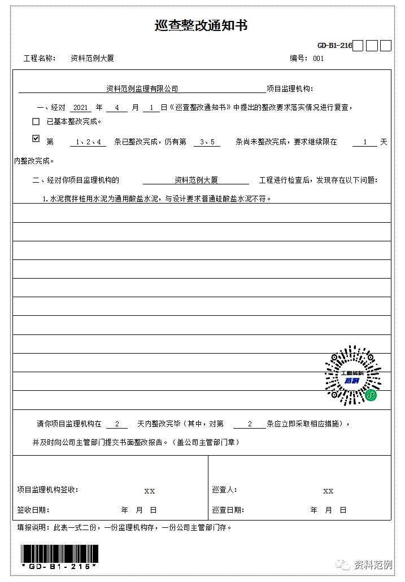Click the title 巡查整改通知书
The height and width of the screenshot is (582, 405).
point(201,25)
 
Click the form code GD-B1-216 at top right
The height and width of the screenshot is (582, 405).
point(334,46)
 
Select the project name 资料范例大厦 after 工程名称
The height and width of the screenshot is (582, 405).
point(92,58)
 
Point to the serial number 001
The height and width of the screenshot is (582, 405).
point(318,58)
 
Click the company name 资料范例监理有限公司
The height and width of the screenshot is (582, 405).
point(142,89)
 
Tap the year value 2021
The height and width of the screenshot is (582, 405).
point(82,107)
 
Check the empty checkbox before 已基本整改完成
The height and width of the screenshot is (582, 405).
point(36,121)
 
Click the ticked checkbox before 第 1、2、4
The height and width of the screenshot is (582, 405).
point(36,139)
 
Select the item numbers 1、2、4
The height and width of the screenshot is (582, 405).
point(91,142)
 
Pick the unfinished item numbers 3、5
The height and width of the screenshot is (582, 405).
point(207,142)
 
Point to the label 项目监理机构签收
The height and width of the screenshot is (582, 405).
point(48,490)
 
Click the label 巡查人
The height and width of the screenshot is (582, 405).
point(225,490)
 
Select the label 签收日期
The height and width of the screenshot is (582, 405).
point(33,510)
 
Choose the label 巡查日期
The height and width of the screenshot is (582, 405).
point(228,510)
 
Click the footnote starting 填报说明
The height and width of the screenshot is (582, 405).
point(124,528)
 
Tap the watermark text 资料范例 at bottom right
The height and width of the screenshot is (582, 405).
point(372,565)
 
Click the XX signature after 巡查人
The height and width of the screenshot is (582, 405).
point(328,491)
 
